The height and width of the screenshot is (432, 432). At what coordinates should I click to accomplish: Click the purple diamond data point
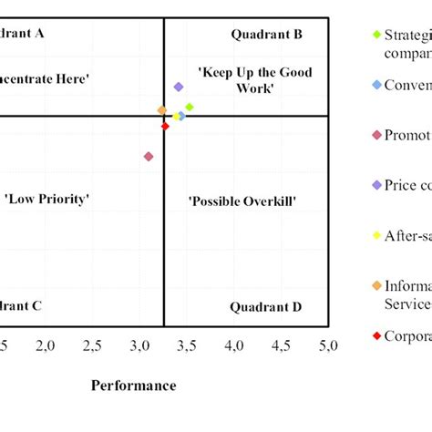click(179, 87)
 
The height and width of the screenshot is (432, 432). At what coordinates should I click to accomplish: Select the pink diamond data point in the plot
click(149, 157)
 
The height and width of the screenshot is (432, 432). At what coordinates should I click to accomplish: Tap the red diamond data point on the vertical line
click(165, 126)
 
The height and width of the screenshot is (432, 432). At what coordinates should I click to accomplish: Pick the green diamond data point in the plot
click(190, 107)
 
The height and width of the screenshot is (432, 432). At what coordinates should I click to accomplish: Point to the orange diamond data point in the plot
click(162, 110)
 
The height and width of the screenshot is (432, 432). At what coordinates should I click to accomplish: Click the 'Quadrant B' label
click(266, 35)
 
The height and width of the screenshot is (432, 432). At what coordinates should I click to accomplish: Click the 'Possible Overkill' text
click(242, 200)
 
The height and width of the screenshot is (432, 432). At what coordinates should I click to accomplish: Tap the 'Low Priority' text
click(47, 199)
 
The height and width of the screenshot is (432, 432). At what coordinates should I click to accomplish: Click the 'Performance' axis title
click(133, 386)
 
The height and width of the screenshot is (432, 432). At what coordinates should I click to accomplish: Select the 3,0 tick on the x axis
click(140, 345)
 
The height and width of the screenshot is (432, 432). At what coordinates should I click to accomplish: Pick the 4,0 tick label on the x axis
click(234, 345)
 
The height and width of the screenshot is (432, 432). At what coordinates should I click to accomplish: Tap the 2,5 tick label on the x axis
click(93, 345)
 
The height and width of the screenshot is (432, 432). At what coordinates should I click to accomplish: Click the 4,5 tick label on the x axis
click(282, 345)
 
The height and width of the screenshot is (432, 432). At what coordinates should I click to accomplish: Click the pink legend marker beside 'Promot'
click(376, 136)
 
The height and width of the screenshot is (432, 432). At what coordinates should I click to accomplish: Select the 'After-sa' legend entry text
click(406, 235)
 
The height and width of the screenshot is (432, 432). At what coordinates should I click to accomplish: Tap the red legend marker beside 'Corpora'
click(376, 335)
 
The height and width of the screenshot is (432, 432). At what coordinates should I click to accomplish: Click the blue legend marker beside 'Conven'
click(376, 86)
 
